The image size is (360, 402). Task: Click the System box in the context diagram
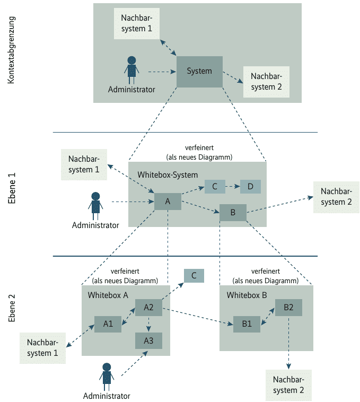pyautogui.click(x=199, y=72)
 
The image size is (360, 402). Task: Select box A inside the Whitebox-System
pyautogui.click(x=168, y=202)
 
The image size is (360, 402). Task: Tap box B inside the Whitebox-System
pyautogui.click(x=233, y=213)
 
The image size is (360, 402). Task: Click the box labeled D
pyautogui.click(x=250, y=187)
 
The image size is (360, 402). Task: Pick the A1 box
pyautogui.click(x=108, y=324)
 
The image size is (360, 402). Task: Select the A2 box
pyautogui.click(x=148, y=308)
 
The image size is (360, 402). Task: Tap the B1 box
pyautogui.click(x=247, y=324)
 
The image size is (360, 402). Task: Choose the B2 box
pyautogui.click(x=288, y=308)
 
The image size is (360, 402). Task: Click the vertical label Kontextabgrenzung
pyautogui.click(x=12, y=50)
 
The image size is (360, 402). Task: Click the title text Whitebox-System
pyautogui.click(x=168, y=174)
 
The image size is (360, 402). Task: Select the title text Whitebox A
pyautogui.click(x=108, y=295)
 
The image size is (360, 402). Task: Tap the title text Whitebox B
pyautogui.click(x=247, y=295)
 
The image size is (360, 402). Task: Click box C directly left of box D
pyautogui.click(x=215, y=187)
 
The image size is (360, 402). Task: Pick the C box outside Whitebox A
pyautogui.click(x=194, y=276)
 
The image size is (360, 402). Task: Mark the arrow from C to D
pyautogui.click(x=232, y=187)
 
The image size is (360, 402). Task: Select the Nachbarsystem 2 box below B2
pyautogui.click(x=288, y=385)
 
